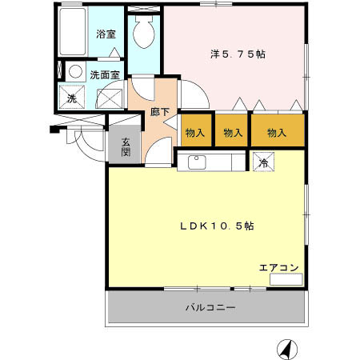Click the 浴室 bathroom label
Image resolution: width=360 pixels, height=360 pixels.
coord(106,34)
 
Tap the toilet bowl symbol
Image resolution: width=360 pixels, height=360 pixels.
coord(144,32)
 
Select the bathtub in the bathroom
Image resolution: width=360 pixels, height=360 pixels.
coord(73,32)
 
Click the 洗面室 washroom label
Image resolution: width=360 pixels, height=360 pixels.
coord(105,75)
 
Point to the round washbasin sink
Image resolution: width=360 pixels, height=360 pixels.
coord(75,71)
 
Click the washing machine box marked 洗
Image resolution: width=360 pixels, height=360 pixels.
coord(72,97)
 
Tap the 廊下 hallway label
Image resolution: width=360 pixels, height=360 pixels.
coord(159,112)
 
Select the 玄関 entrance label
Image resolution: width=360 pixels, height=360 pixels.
coord(126,146)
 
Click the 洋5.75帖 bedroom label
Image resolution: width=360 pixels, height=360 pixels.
coord(238,54)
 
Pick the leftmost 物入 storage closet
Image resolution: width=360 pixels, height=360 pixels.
coord(196,130)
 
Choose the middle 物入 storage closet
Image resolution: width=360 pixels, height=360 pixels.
coord(231,130)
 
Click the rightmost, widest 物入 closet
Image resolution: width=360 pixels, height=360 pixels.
coord(278,130)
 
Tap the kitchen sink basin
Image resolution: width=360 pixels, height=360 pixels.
coord(197,162)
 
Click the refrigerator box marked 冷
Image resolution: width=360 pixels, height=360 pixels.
coord(263,162)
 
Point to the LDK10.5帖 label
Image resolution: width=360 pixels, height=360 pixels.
coord(217,226)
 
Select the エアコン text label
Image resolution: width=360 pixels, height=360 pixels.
coord(278,267)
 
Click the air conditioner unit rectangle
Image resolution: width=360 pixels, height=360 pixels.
coord(286,279)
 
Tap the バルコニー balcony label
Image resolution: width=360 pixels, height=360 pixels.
coord(210,308)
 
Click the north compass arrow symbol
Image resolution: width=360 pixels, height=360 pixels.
coord(287,350)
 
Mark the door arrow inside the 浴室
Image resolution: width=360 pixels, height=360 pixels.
coord(114,52)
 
